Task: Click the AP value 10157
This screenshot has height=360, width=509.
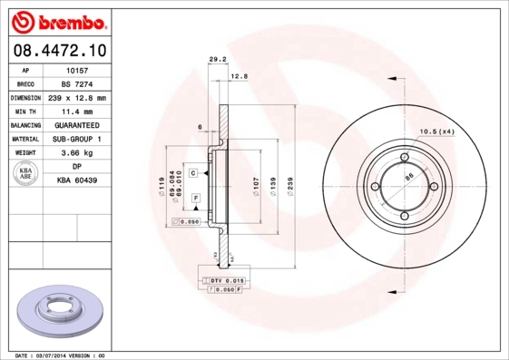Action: [x=76, y=70]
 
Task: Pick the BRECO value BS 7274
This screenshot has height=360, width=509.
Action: [x=76, y=83]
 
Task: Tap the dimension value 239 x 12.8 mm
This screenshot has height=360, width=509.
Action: [x=76, y=97]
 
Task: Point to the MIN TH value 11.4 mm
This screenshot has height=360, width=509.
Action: [x=76, y=111]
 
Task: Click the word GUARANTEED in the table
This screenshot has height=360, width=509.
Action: [x=76, y=125]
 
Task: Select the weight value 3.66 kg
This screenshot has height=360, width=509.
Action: [x=76, y=153]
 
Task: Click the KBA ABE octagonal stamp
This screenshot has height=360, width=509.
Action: [x=26, y=175]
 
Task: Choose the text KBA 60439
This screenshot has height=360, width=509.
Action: [x=76, y=181]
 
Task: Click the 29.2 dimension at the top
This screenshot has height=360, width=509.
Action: [x=217, y=60]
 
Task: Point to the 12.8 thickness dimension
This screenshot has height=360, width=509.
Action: [x=239, y=76]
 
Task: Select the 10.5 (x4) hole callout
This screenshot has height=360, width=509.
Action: [x=435, y=132]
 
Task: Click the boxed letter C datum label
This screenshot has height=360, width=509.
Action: [x=193, y=171]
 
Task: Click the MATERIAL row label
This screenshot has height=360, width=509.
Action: [x=24, y=139]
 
